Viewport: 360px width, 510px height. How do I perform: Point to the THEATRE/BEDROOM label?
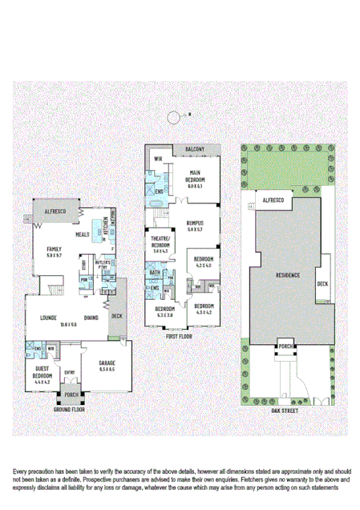[x=160, y=244]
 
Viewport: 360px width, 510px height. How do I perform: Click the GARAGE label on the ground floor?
[x=107, y=366]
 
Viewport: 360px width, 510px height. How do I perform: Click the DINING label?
[x=91, y=318]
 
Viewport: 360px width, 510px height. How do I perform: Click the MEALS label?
[x=82, y=235]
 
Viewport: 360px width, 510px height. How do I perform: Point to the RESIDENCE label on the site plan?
[x=287, y=275]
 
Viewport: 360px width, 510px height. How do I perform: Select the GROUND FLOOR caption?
[x=70, y=408]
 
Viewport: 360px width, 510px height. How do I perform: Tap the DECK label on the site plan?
[x=323, y=284]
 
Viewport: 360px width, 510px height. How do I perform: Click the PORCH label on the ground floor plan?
[x=71, y=395]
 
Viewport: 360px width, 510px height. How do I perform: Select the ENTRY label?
[x=70, y=371]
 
